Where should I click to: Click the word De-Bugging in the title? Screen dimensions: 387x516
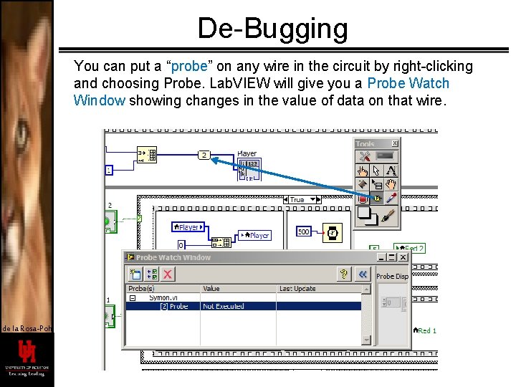(272, 29)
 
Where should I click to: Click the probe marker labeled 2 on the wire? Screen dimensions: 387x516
(204, 155)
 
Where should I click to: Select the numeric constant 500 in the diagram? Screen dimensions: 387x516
(303, 231)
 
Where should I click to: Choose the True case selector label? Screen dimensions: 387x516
(297, 200)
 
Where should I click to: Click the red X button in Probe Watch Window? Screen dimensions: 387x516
(168, 274)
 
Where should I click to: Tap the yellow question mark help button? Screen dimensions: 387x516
(345, 274)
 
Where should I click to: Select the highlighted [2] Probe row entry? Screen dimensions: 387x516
(173, 306)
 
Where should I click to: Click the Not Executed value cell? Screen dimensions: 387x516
(224, 306)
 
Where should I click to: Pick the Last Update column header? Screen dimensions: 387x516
(297, 289)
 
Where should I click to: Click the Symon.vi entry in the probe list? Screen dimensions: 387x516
(164, 297)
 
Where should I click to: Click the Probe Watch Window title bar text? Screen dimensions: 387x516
(173, 257)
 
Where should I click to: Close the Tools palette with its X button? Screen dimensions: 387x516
(394, 143)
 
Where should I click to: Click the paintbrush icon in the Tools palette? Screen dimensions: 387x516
(390, 214)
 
